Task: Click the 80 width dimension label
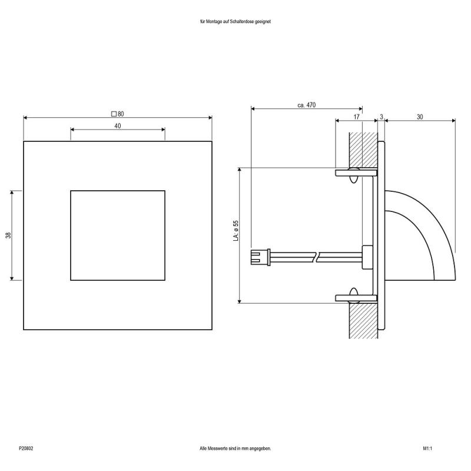click(120, 114)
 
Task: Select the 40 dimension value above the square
click(118, 126)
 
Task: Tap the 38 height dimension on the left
click(8, 235)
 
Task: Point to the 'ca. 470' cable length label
click(307, 105)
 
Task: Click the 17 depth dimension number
click(356, 117)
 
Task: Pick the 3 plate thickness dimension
click(381, 117)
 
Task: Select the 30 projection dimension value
click(420, 117)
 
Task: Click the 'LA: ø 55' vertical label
click(235, 231)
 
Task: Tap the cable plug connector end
click(257, 257)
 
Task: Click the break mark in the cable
click(317, 257)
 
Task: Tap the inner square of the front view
click(118, 235)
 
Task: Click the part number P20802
click(26, 449)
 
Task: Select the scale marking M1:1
click(427, 449)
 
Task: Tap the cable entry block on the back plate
click(367, 257)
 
